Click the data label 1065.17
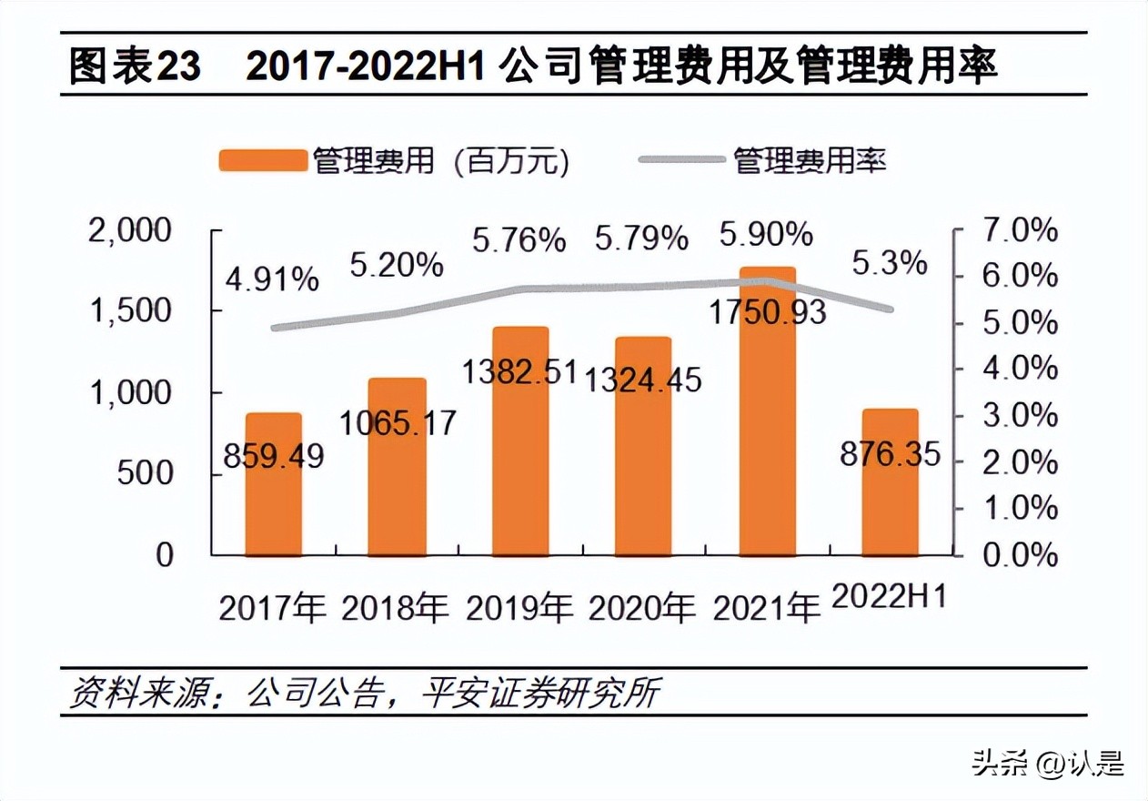398,421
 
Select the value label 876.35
890,453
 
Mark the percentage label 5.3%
890,264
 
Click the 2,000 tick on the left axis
129,230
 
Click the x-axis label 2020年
643,607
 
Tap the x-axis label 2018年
396,607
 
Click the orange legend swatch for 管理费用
261,161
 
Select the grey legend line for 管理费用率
681,161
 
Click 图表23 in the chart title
136,68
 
